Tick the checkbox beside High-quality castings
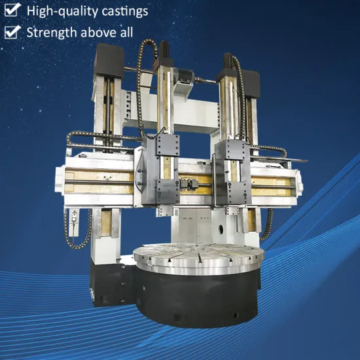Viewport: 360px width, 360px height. (11, 11)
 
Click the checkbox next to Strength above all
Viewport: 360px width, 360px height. (11, 31)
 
